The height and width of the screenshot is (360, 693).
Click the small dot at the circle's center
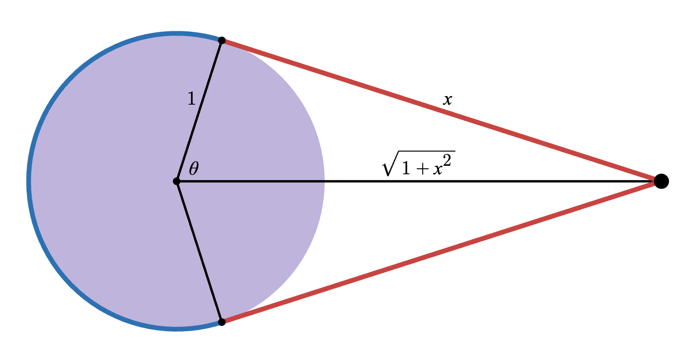(x=176, y=181)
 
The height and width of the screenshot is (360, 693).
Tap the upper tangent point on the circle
(x=221, y=40)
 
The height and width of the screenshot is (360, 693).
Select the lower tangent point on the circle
(x=221, y=322)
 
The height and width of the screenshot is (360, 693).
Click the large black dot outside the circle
(x=661, y=181)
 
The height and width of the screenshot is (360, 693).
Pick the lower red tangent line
(x=441, y=251)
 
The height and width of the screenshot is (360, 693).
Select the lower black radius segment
(x=199, y=252)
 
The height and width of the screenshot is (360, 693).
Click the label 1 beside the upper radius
(x=191, y=99)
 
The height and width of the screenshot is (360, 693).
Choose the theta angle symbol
(x=193, y=168)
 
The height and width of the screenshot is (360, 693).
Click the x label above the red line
(x=447, y=99)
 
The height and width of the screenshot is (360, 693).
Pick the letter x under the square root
(x=440, y=170)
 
